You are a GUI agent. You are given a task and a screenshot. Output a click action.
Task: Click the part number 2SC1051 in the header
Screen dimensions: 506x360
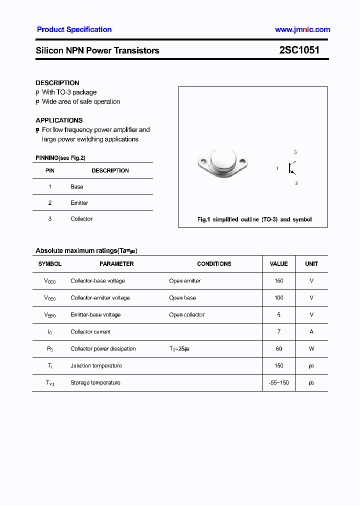(299, 50)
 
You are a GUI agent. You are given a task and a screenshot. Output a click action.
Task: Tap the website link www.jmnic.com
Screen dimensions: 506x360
(302, 29)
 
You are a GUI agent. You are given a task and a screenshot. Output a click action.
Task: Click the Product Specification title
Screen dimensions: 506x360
(74, 29)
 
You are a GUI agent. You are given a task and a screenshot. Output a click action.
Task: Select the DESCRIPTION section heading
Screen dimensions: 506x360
(57, 83)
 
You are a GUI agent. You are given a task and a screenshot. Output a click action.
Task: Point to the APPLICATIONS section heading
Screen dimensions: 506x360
(59, 120)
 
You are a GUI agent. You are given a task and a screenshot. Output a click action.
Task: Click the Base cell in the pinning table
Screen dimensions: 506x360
(77, 187)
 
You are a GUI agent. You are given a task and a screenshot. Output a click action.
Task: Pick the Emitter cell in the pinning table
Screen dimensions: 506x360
(79, 203)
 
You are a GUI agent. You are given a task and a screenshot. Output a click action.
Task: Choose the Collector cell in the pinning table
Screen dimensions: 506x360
(81, 219)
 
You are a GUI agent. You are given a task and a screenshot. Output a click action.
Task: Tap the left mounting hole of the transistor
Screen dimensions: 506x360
(202, 161)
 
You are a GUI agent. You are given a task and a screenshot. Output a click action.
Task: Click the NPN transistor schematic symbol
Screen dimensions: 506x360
(291, 168)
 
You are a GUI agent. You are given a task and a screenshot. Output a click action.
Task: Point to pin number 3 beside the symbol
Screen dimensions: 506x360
(295, 152)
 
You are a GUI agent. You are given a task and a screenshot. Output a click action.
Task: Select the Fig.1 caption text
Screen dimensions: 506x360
(254, 219)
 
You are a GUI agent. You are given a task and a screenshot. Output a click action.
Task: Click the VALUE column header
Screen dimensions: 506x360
(278, 264)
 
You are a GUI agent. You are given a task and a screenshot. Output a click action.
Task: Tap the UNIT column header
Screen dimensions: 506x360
(311, 264)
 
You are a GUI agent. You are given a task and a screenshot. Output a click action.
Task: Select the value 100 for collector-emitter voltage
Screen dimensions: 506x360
(278, 298)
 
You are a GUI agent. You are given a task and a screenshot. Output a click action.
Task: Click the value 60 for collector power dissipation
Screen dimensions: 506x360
(278, 349)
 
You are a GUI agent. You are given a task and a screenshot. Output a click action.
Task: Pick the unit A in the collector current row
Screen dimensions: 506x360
(311, 332)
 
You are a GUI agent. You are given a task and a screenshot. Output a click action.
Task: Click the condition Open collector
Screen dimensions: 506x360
(186, 315)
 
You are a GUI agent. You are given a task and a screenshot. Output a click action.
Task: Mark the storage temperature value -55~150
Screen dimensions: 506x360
(278, 383)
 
